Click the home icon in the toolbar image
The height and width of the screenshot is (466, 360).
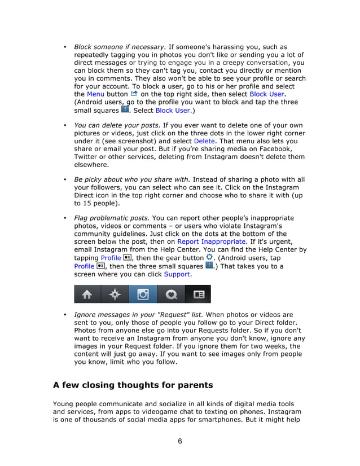click(87, 294)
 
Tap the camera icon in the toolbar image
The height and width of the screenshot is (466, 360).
click(143, 294)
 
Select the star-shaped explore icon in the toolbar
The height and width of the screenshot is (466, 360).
click(115, 294)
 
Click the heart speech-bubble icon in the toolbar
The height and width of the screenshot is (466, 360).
click(170, 294)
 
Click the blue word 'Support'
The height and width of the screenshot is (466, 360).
click(177, 274)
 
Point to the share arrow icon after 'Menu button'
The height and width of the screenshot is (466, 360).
click(134, 93)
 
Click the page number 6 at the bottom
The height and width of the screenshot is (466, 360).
click(179, 441)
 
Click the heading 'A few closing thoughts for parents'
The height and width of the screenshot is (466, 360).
click(133, 386)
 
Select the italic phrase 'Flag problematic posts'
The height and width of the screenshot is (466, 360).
click(112, 218)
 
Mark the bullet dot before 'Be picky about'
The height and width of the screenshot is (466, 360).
click(65, 179)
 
